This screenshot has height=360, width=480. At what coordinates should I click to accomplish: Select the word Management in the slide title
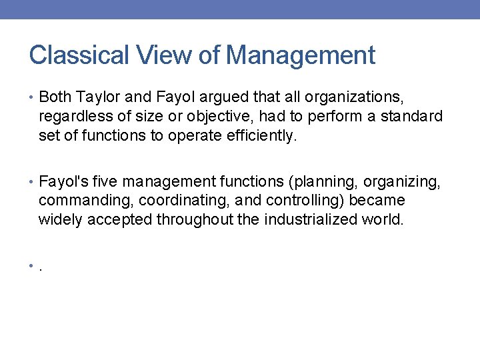pos(301,55)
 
